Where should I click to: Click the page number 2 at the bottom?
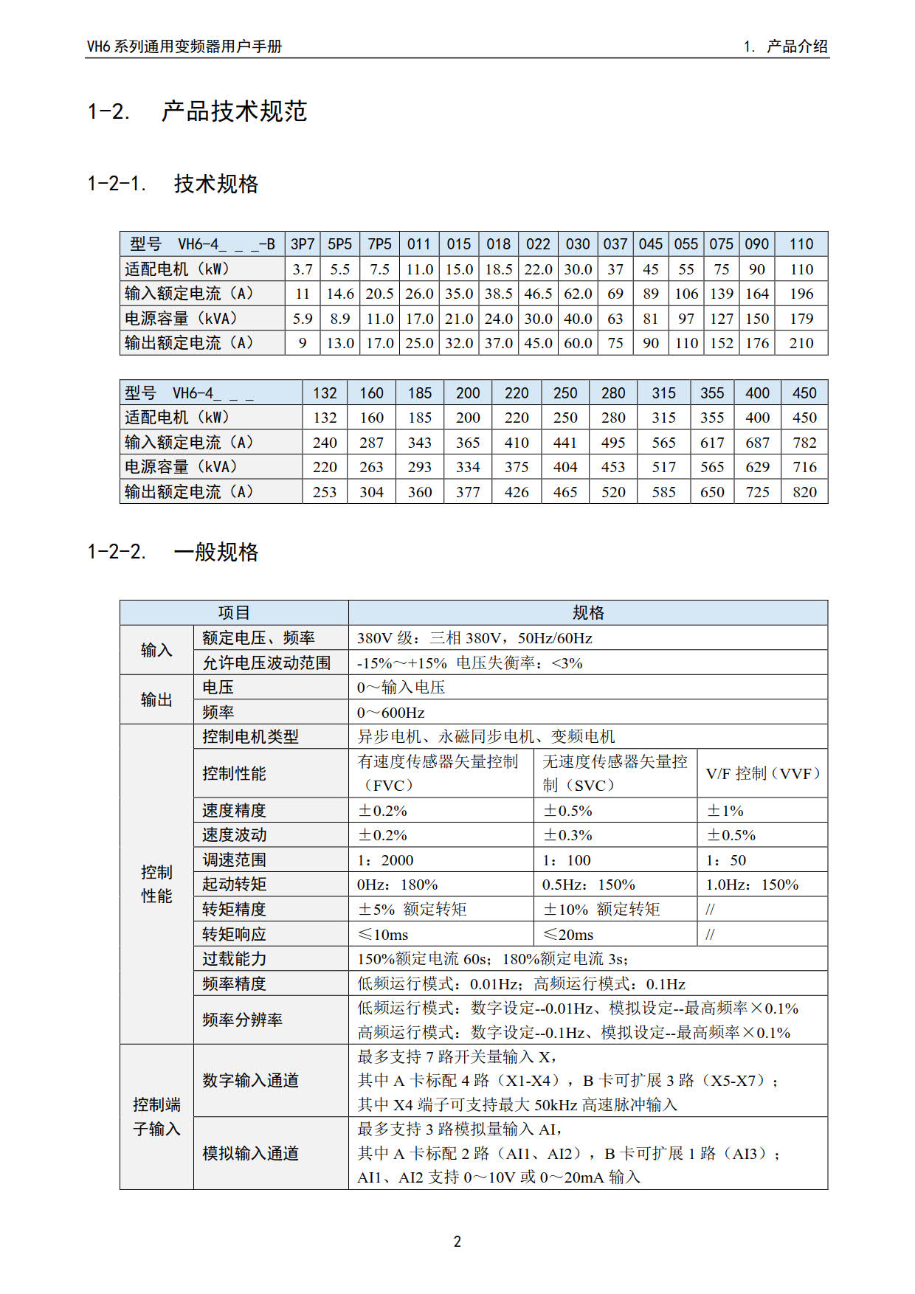[x=457, y=1242]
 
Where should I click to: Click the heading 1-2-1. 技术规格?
[x=173, y=184]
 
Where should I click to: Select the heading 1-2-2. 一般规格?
[x=173, y=552]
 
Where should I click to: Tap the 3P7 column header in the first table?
[x=303, y=244]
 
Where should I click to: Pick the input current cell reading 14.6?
[x=340, y=294]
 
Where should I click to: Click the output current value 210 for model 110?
[x=801, y=343]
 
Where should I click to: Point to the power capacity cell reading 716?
[x=804, y=467]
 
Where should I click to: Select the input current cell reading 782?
[x=804, y=443]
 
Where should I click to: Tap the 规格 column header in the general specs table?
[x=588, y=612]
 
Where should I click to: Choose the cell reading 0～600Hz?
[x=391, y=713]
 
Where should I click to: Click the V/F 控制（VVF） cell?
[x=763, y=773]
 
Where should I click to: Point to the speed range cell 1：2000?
[x=385, y=860]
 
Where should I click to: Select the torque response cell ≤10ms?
[x=383, y=935]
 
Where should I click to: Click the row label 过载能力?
[x=235, y=959]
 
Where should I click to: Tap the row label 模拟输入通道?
[x=251, y=1153]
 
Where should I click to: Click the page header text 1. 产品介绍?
[x=786, y=46]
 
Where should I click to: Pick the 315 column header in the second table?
[x=663, y=393]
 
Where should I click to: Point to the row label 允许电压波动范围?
[x=266, y=662]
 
